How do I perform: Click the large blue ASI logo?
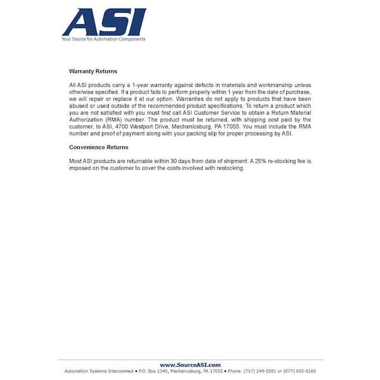coord(104,22)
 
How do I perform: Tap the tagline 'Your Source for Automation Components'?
coord(103,39)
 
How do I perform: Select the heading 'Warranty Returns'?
coord(92,72)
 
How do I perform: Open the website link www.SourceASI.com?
coord(190,365)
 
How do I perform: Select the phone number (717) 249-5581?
coord(261,371)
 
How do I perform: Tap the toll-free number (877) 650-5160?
coord(301,371)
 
